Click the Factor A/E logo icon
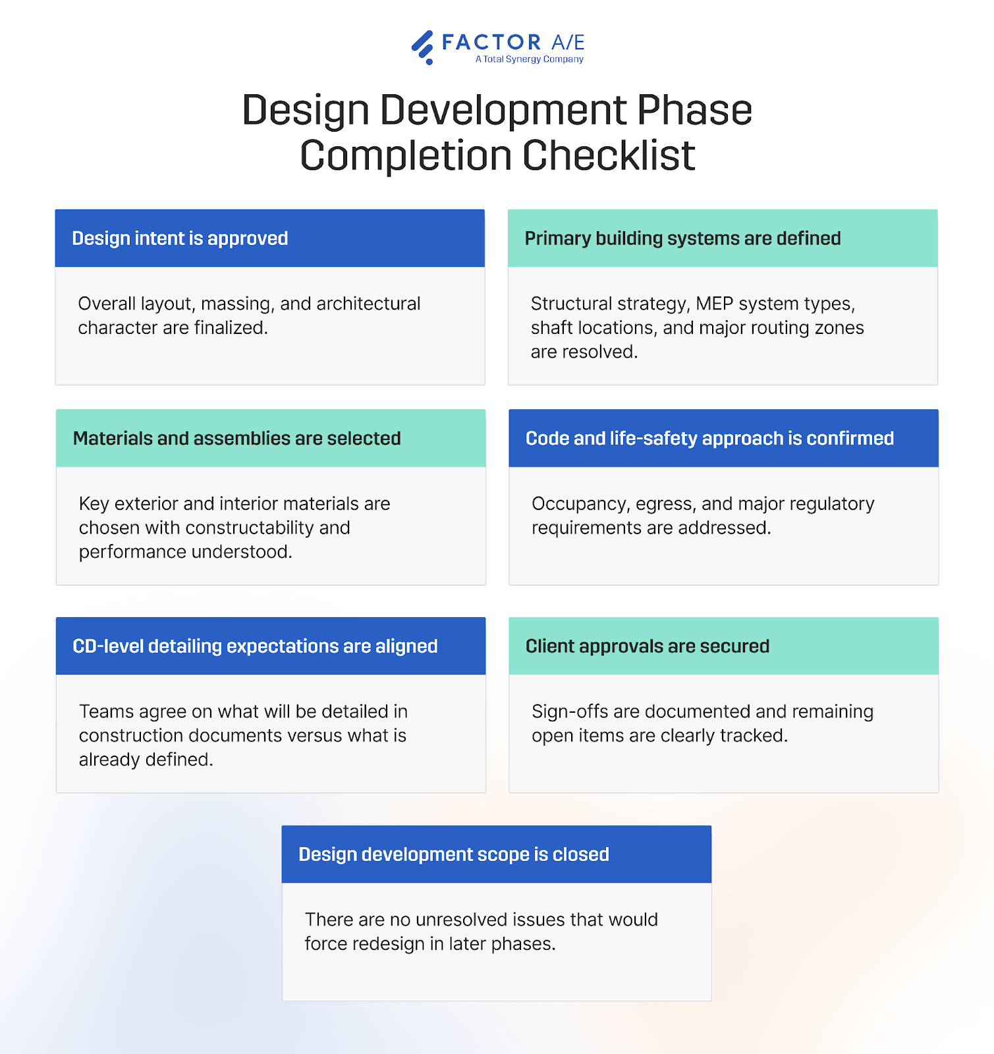coord(423,47)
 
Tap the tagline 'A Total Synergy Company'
coord(530,59)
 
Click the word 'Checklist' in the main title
coord(609,156)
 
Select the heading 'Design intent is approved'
coord(180,238)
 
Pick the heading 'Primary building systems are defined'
coord(682,238)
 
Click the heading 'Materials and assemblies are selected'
coord(237,439)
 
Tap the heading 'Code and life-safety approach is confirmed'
coord(709,439)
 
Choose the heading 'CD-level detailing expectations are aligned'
coord(255,646)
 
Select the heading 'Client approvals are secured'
coord(648,646)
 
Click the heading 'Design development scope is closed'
coord(454,854)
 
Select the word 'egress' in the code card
coord(665,505)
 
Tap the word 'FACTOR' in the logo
coord(491,42)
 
